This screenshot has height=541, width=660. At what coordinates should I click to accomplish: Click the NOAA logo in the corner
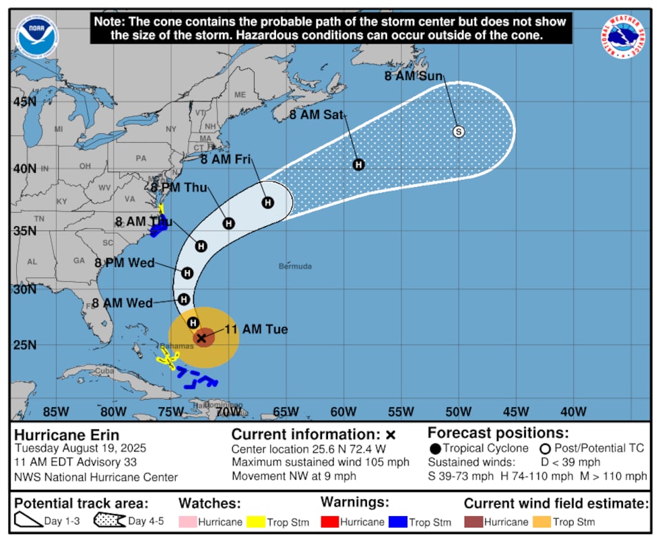point(34,36)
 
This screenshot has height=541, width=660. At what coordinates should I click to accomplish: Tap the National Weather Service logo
point(624,36)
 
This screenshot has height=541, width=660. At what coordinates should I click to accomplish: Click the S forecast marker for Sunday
point(459,132)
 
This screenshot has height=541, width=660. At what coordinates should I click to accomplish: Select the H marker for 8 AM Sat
point(359,164)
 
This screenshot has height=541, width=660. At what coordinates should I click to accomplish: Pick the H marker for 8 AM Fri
point(268,203)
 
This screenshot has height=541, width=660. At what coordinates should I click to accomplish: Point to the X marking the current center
point(201,338)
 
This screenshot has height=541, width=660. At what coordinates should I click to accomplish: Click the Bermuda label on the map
point(295,266)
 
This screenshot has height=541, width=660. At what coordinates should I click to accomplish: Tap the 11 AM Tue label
point(256,330)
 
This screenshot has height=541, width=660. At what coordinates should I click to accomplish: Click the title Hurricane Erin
point(67,435)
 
